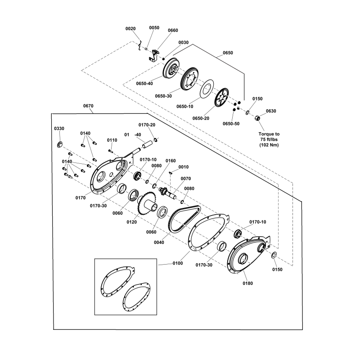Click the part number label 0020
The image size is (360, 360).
pos(130,28)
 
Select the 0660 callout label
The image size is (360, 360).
pos(173,30)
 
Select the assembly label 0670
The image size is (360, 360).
pos(88,106)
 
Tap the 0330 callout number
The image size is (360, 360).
pos(59,129)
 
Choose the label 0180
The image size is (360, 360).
pos(248,284)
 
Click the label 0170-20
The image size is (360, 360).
pos(147,125)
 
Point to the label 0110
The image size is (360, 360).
pos(112,140)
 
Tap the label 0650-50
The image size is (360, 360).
pos(232,124)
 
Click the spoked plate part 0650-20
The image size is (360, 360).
pos(222,99)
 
